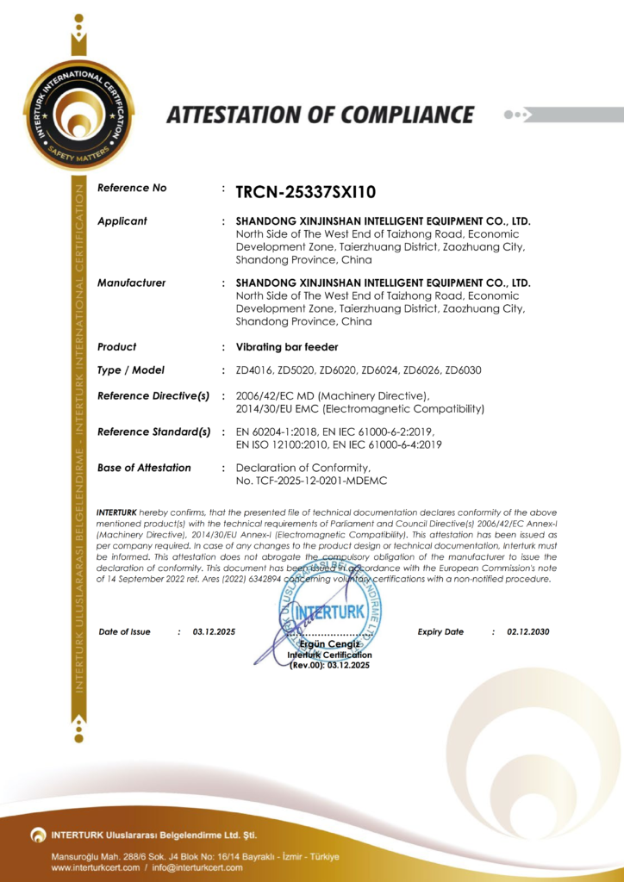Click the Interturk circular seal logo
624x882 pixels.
click(78, 115)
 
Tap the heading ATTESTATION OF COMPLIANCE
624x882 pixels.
click(320, 115)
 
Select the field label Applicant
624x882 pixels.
click(122, 221)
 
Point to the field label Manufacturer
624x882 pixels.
click(132, 283)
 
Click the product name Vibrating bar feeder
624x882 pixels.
click(287, 347)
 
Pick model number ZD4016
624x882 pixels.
click(253, 370)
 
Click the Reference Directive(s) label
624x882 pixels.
click(153, 395)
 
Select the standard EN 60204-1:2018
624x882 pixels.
click(278, 431)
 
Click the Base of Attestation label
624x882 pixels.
click(144, 468)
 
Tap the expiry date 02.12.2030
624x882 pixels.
click(528, 632)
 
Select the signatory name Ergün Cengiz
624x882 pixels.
click(329, 645)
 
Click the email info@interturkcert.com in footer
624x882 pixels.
click(193, 867)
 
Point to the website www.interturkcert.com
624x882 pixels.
click(95, 867)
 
